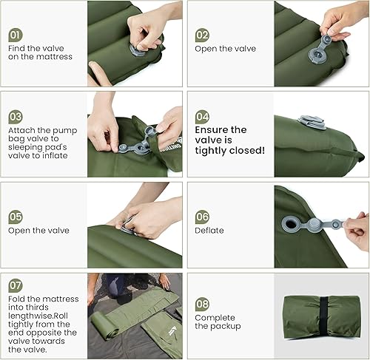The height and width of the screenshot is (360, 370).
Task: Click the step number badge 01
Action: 16,34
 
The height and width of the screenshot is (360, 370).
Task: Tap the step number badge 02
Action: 202,35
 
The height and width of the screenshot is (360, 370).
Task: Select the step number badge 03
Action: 16,117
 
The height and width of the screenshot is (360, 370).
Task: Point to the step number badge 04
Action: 202,117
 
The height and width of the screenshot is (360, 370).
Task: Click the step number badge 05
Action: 16,217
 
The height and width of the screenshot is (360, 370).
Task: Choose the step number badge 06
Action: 202,217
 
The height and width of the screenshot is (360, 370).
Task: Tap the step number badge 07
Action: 16,285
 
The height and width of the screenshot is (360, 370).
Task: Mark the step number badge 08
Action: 202,303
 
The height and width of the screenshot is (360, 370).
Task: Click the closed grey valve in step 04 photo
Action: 311,121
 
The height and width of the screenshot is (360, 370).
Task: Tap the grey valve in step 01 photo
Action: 139,50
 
